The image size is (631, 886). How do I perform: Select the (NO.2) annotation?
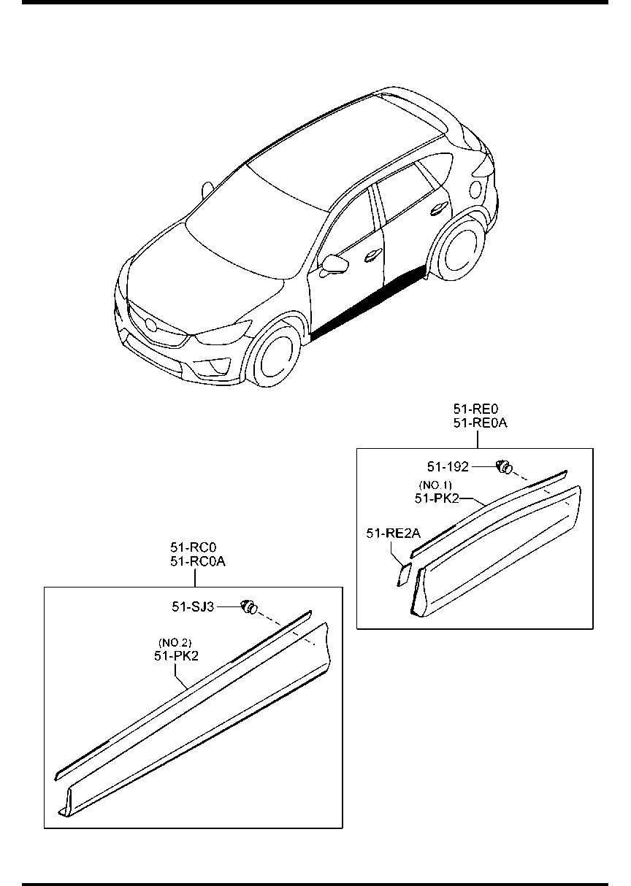[175, 642]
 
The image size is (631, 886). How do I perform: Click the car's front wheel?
[272, 353]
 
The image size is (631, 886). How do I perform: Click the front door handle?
[373, 255]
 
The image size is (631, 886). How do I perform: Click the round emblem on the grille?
[150, 324]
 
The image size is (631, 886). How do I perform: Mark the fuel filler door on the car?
[476, 189]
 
